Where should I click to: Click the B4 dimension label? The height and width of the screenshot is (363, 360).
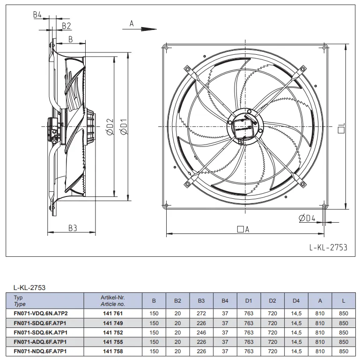coord(37,15)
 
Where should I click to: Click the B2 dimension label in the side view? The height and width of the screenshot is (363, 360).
coord(66,26)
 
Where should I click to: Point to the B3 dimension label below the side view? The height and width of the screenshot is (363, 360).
coord(73,228)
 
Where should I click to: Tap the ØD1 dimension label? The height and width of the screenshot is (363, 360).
coord(124,126)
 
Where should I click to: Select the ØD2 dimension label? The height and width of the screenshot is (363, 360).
coord(110,126)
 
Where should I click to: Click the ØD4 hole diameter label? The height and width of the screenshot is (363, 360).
coord(307,218)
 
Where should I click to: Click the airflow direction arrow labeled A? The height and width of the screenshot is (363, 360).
coord(140,29)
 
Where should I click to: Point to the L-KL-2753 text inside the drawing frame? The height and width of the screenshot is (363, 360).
coord(328,247)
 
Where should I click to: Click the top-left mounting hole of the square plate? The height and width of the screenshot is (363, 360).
coord(166,48)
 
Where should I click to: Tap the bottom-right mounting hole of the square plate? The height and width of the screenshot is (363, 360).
coord(324,205)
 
